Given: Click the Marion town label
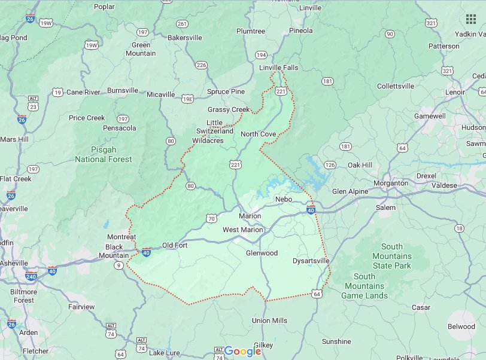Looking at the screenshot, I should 250,216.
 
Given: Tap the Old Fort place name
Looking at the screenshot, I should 175,245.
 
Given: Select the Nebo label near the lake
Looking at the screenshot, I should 283,199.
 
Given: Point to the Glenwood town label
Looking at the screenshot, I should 262,253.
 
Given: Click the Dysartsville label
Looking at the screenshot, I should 311,261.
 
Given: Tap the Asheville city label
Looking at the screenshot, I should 13,263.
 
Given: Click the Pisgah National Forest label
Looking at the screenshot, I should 103,154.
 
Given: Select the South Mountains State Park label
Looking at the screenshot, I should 392,256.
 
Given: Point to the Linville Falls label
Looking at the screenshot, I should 278,68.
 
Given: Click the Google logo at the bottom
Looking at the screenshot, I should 242,351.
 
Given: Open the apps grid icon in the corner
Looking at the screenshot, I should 471,19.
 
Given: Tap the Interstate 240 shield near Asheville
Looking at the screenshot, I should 31,277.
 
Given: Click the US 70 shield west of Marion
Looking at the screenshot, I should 212,219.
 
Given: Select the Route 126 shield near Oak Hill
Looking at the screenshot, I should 330,164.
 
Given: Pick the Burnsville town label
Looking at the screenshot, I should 122,91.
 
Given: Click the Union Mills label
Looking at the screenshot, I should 269,321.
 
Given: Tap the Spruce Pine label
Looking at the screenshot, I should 226,91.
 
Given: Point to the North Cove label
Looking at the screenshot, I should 258,134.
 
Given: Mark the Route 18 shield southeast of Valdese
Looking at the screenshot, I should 459,228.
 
